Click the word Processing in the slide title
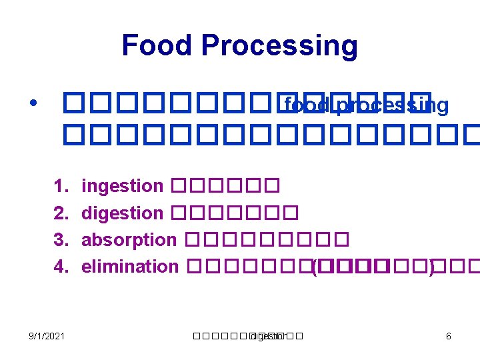(x=279, y=47)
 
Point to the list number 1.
(x=61, y=186)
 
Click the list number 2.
(x=61, y=213)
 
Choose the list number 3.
(x=61, y=240)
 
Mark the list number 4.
(x=61, y=267)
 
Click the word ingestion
(x=122, y=187)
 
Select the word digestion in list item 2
(x=122, y=214)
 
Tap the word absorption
(x=129, y=240)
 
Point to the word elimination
(x=129, y=267)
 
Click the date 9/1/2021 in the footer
(x=46, y=336)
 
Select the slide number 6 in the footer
(x=448, y=336)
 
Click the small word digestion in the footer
(x=267, y=336)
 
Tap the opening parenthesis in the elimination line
(x=313, y=267)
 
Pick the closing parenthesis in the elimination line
(x=431, y=267)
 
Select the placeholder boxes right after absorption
(x=265, y=240)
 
